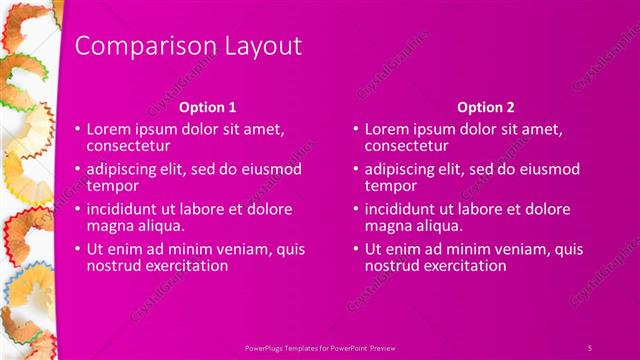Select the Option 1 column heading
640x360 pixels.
pos(207,106)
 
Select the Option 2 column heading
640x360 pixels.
pos(485,106)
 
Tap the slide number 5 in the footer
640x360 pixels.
pos(590,346)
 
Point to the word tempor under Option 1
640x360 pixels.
pos(111,186)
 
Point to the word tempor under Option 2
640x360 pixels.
pos(389,186)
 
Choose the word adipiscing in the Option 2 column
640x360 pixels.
pos(402,170)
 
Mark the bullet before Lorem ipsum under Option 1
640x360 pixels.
pos(77,130)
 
